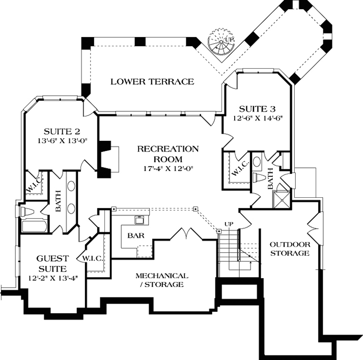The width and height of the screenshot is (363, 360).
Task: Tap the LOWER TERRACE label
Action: click(x=152, y=81)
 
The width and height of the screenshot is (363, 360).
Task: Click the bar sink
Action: click(x=138, y=220)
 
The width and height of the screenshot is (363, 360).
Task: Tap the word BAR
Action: click(x=134, y=236)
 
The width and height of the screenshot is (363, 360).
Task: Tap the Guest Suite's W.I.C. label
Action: click(x=94, y=258)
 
